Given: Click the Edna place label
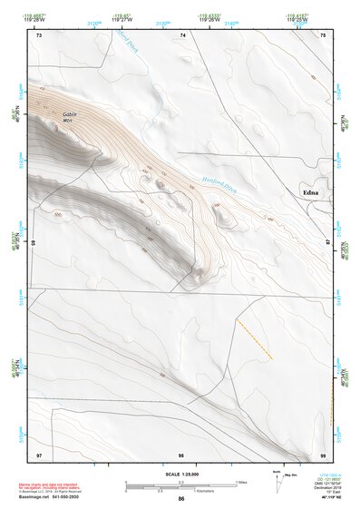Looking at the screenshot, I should pyautogui.click(x=312, y=192).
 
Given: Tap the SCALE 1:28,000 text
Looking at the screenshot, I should pyautogui.click(x=180, y=474).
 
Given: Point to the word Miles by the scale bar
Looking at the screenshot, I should pyautogui.click(x=244, y=482).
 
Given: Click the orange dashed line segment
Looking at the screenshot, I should pyautogui.click(x=254, y=338).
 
